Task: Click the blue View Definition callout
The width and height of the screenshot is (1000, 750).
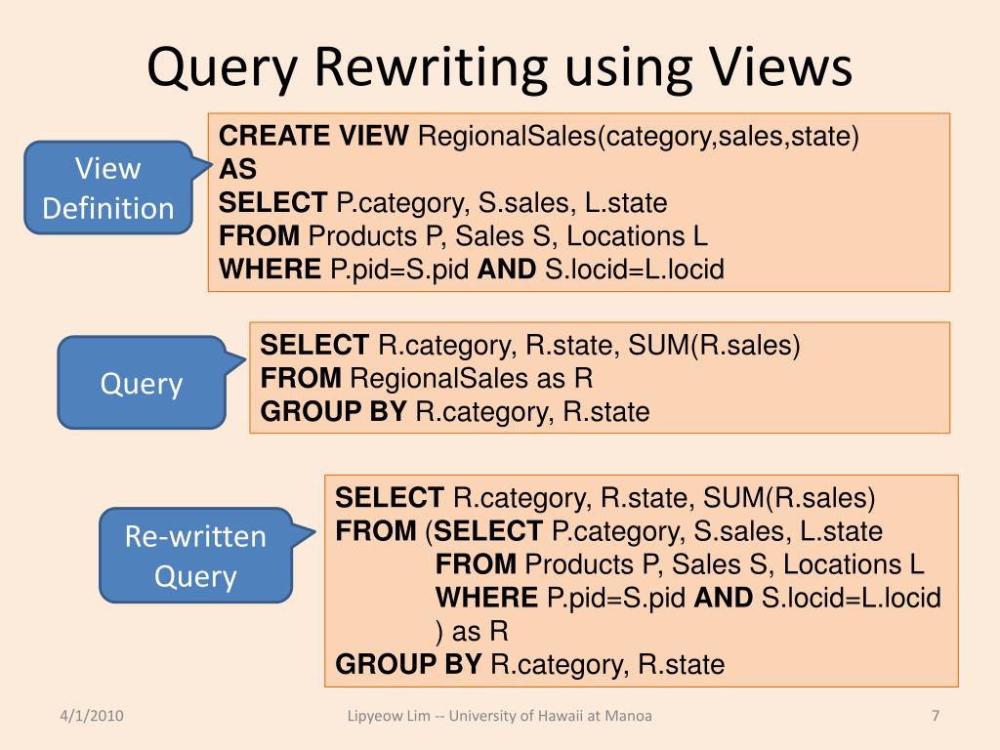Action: (x=108, y=187)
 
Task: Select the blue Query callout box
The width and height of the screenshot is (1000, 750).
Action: (x=142, y=383)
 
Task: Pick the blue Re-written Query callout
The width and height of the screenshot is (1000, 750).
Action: (x=195, y=556)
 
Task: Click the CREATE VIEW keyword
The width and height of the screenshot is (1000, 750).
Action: (x=314, y=137)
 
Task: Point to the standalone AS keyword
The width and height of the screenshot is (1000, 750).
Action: (x=237, y=170)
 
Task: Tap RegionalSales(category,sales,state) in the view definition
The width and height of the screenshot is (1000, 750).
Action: (x=639, y=137)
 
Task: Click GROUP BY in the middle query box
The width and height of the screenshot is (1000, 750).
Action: (x=333, y=412)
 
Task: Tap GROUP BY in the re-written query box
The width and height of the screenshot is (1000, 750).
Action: (x=408, y=665)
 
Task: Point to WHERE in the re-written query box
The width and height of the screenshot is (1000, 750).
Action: (x=486, y=598)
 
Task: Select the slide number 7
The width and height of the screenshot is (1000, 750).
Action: (x=935, y=716)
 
